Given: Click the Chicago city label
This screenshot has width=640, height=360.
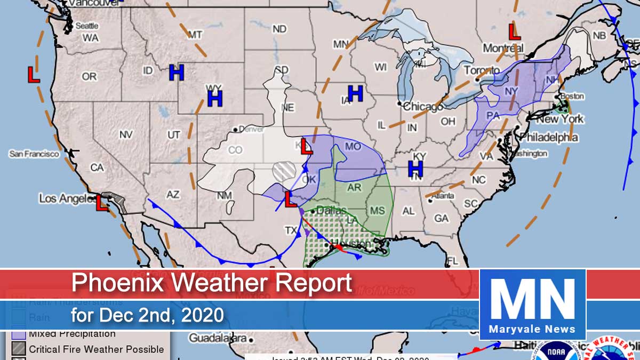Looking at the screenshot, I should click(x=423, y=107).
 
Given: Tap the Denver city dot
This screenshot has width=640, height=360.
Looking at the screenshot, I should click(x=235, y=129).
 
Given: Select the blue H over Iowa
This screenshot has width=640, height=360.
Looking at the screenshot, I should click(x=355, y=93).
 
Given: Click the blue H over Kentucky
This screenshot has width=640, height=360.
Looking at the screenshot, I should click(x=415, y=169).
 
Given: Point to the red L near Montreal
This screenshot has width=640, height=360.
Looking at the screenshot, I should click(x=514, y=33).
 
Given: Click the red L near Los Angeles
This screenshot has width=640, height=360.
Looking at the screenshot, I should click(x=101, y=203).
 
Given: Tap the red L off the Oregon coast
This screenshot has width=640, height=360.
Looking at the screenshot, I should click(x=33, y=74).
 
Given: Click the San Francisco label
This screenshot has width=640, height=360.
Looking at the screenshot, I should click(x=34, y=154).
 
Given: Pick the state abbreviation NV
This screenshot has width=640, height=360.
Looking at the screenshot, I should click(x=126, y=135).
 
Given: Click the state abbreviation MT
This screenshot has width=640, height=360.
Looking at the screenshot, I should click(x=195, y=35).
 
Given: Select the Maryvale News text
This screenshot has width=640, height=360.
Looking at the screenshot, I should click(x=533, y=329).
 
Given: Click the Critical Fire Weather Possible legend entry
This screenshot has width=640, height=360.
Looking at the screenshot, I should click(x=96, y=350).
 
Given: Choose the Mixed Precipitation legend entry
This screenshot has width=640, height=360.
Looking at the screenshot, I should click(x=72, y=334).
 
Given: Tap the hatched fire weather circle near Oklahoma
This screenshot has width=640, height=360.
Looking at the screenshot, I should click(x=283, y=172).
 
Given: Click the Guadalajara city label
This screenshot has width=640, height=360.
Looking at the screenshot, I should click(x=219, y=339).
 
